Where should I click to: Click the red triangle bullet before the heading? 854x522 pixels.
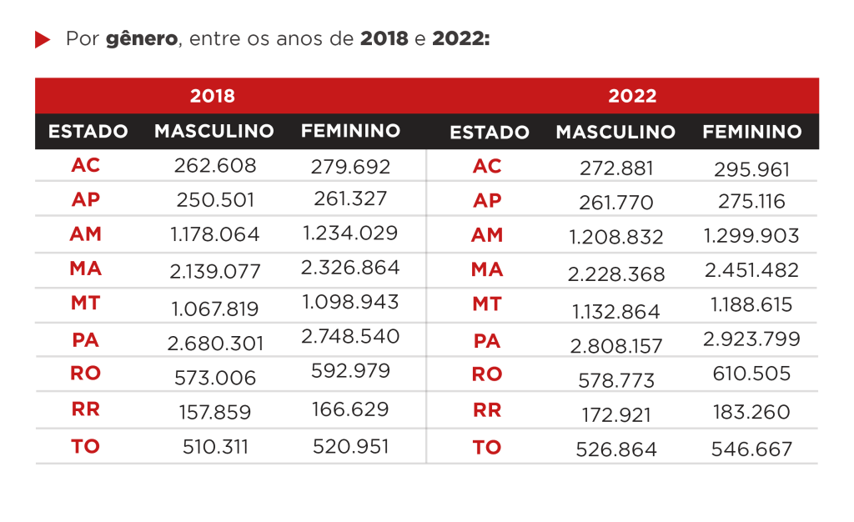[x=43, y=40]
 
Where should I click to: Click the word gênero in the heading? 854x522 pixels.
[x=142, y=39]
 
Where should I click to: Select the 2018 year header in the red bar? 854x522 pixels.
[x=213, y=95]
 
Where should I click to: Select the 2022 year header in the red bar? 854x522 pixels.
[x=632, y=95]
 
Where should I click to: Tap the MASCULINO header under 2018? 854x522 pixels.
[x=214, y=131]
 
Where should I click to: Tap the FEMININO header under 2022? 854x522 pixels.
[x=752, y=131]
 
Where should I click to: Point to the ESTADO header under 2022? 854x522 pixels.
[x=490, y=132]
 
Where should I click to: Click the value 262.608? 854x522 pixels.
[x=215, y=166]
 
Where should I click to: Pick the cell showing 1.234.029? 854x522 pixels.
[x=350, y=233]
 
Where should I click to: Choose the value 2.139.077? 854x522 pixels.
[x=216, y=271]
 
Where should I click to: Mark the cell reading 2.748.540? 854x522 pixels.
[x=350, y=336]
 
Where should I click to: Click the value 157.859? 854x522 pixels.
[x=215, y=411]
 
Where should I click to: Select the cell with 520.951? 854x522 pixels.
[x=351, y=446]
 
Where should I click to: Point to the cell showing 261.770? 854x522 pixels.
[x=617, y=203]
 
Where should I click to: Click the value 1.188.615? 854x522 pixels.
[x=752, y=304]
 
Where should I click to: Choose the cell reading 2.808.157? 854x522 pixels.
[x=617, y=345]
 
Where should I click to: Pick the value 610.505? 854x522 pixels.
[x=752, y=375]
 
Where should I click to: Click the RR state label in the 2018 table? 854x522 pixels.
[x=85, y=409]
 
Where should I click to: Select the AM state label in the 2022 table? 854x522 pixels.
[x=487, y=235]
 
